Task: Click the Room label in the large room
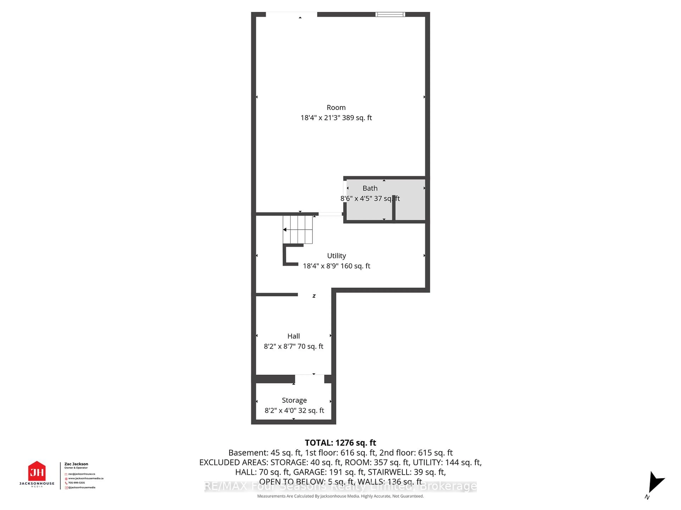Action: (x=336, y=107)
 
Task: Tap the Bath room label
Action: (x=370, y=188)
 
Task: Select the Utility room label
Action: (x=336, y=256)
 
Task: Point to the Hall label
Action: (x=293, y=336)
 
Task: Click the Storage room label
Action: (x=294, y=400)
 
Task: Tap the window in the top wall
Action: (x=390, y=15)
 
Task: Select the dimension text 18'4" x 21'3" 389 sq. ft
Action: (x=336, y=118)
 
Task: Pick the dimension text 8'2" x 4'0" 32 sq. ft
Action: (x=294, y=410)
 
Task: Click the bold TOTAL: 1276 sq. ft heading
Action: (x=340, y=443)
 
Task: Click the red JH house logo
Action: (x=37, y=471)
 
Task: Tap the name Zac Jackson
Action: (x=76, y=464)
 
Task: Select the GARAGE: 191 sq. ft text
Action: (x=329, y=472)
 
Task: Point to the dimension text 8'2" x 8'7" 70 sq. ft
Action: (x=293, y=346)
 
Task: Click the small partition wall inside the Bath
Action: (x=394, y=208)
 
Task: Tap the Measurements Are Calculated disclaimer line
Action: (x=340, y=496)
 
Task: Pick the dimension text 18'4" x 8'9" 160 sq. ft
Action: (x=336, y=266)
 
